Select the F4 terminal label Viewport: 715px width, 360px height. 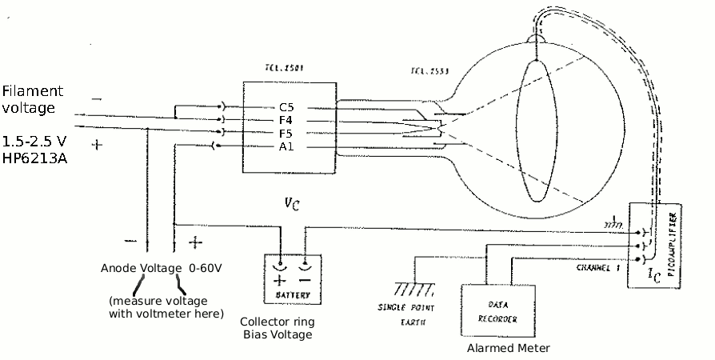(286, 120)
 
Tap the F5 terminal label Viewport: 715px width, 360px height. (286, 133)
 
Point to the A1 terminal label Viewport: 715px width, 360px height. (286, 146)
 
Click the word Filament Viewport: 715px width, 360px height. (32, 90)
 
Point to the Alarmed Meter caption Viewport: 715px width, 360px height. (509, 348)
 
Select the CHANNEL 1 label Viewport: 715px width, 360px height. (597, 267)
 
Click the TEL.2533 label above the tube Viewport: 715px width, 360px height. (429, 71)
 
